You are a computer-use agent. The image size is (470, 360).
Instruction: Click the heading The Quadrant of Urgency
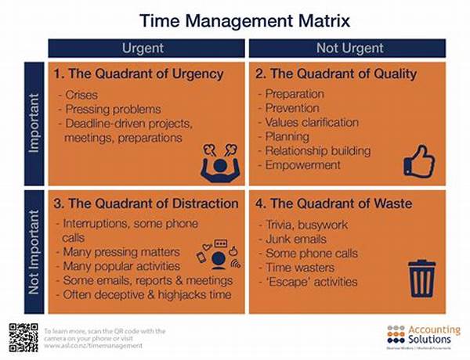(139, 74)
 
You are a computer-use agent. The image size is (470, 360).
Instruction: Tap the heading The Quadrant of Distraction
(146, 203)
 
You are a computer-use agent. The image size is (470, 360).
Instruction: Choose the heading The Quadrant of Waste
(333, 203)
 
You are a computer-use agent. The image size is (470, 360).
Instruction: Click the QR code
(23, 337)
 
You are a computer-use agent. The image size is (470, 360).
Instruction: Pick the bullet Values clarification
(311, 123)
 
